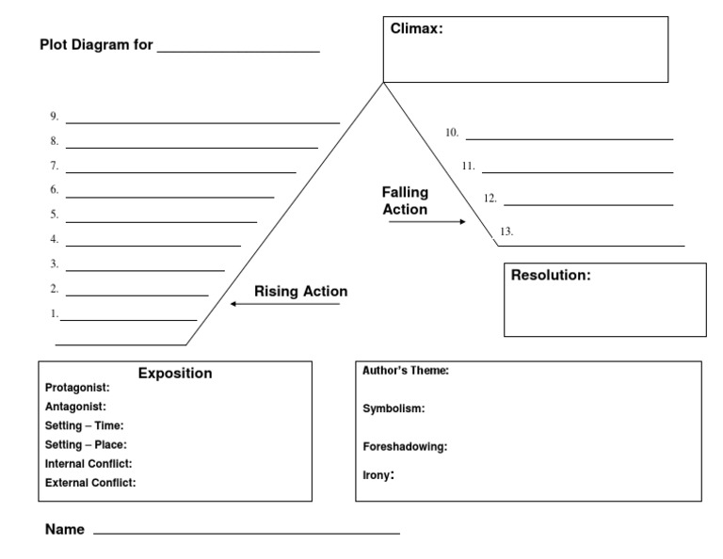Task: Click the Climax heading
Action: tap(416, 29)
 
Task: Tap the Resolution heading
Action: tap(551, 276)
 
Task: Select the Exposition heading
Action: tap(175, 374)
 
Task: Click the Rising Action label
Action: tap(300, 292)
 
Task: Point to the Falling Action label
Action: tap(405, 200)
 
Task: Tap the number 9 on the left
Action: tap(55, 117)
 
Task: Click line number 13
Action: tap(506, 231)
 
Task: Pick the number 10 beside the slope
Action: tap(452, 133)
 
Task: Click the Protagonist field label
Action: tap(77, 387)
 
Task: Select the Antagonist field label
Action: tap(75, 407)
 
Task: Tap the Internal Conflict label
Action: tap(88, 463)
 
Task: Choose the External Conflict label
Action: tap(90, 483)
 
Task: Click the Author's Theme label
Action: tap(406, 371)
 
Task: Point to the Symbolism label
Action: tap(394, 408)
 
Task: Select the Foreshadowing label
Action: tap(405, 446)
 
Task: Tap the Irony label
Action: tap(378, 475)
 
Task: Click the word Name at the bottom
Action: tap(64, 530)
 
